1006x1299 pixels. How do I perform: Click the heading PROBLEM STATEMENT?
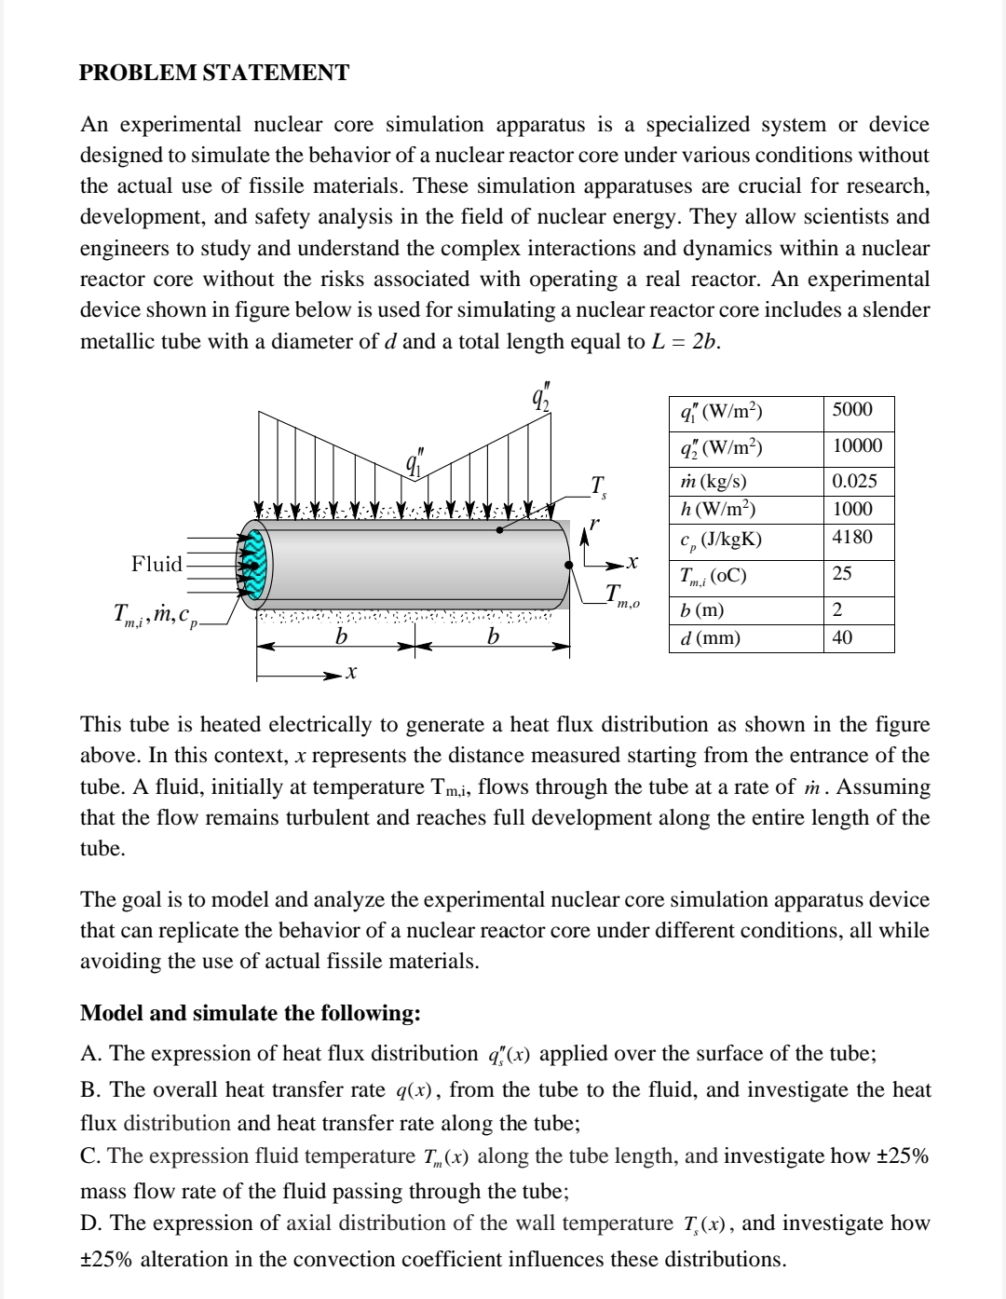pyautogui.click(x=214, y=73)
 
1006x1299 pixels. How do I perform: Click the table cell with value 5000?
pyautogui.click(x=851, y=410)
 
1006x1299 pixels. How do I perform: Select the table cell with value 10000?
pyautogui.click(x=857, y=445)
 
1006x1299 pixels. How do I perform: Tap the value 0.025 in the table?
pyautogui.click(x=854, y=482)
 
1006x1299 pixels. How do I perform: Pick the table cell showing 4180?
pyautogui.click(x=851, y=537)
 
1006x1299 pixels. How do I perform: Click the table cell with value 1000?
pyautogui.click(x=852, y=509)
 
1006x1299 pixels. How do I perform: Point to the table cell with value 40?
pyautogui.click(x=842, y=637)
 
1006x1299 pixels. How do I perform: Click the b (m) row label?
pyautogui.click(x=703, y=610)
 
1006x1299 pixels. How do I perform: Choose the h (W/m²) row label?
pyautogui.click(x=718, y=509)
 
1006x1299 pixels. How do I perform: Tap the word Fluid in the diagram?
pyautogui.click(x=156, y=564)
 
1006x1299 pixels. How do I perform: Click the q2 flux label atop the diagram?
pyautogui.click(x=541, y=395)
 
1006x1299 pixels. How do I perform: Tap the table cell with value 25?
pyautogui.click(x=842, y=574)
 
